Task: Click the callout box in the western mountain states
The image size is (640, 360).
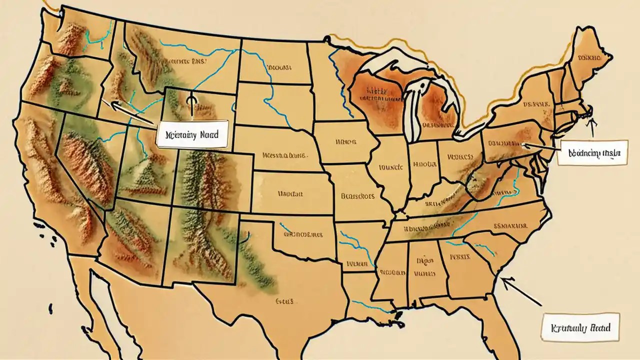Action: [x=192, y=134]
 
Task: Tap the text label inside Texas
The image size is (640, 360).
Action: [x=284, y=301]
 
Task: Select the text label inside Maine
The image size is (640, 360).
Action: [x=588, y=58]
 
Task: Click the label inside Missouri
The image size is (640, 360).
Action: [x=357, y=196]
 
